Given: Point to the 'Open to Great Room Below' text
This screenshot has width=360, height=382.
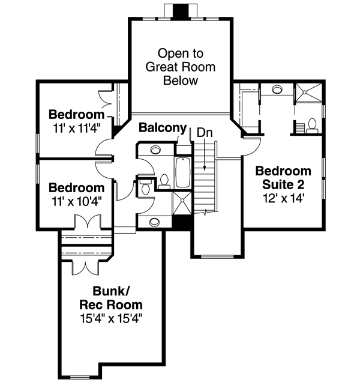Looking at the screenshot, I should point(181,67).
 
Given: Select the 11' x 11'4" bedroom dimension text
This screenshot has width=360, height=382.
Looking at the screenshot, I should point(76,127).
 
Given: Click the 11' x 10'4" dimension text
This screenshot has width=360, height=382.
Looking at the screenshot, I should point(76,201).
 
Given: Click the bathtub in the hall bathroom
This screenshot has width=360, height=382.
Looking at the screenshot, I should point(182,173).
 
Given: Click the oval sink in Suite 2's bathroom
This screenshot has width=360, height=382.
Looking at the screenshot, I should point(277,91).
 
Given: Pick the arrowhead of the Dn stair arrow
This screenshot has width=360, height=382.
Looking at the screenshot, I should point(205,169).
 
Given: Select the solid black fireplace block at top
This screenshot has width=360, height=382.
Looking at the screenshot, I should point(179,11).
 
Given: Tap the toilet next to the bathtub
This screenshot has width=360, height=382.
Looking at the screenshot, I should point(163,180).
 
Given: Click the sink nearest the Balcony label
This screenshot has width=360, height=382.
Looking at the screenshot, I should point(155,150).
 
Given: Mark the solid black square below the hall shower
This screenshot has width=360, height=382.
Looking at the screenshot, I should point(181,221).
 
